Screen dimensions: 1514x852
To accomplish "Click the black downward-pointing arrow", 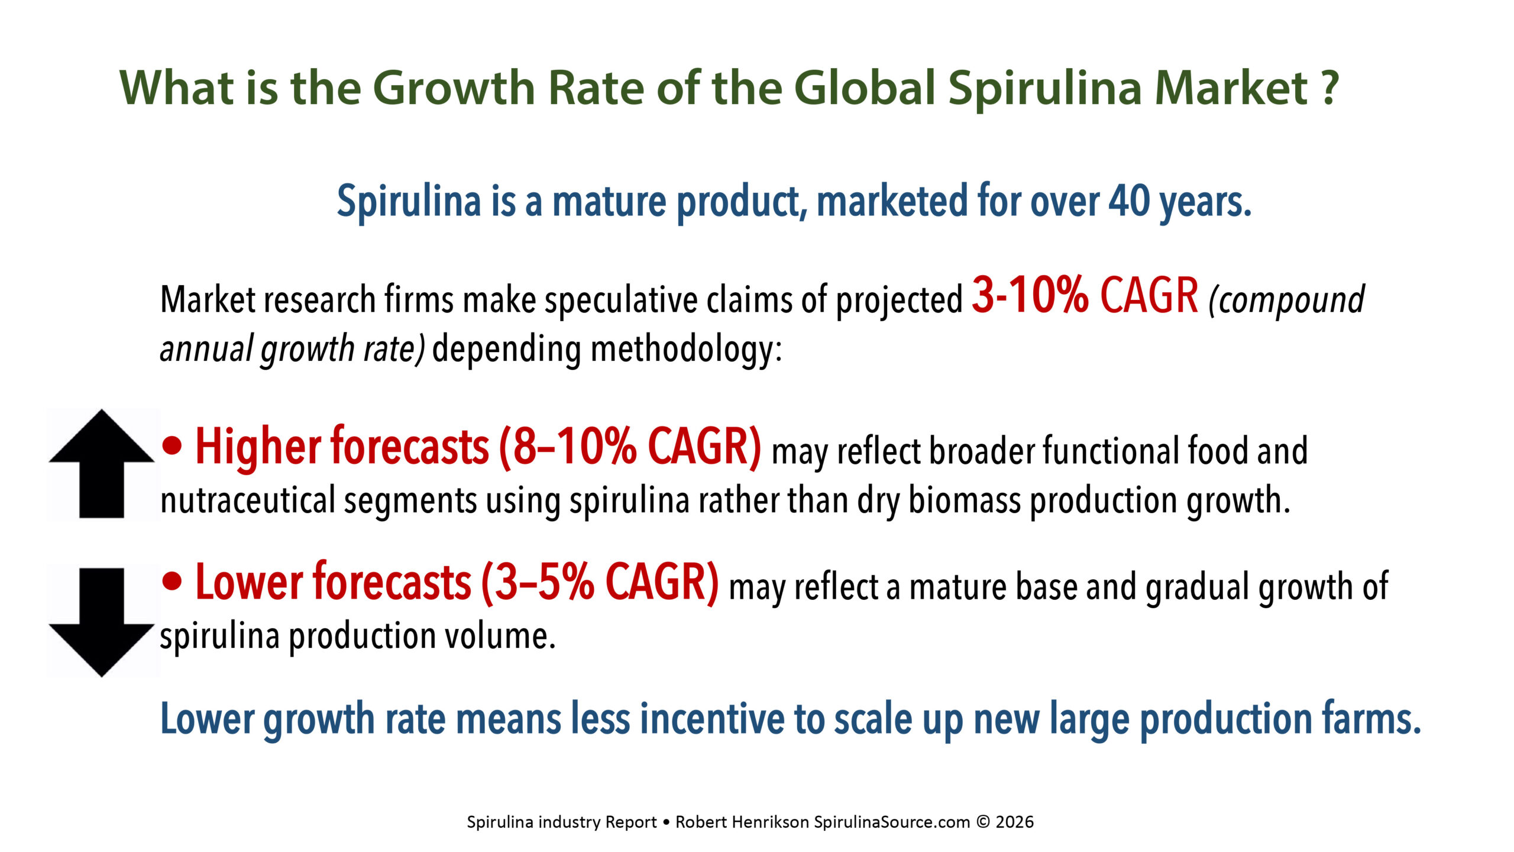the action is coord(102,622).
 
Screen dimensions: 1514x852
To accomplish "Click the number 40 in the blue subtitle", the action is coord(1130,201).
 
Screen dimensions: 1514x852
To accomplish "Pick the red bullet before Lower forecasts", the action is coord(172,582).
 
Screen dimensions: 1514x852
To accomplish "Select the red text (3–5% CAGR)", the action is coord(600,583).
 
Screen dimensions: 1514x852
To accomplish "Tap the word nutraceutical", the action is coord(248,500).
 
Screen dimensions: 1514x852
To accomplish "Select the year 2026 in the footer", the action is coord(1015,822).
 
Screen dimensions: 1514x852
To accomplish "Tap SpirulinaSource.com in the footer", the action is coord(892,822).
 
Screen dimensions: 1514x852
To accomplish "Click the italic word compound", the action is coord(1287,301).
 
